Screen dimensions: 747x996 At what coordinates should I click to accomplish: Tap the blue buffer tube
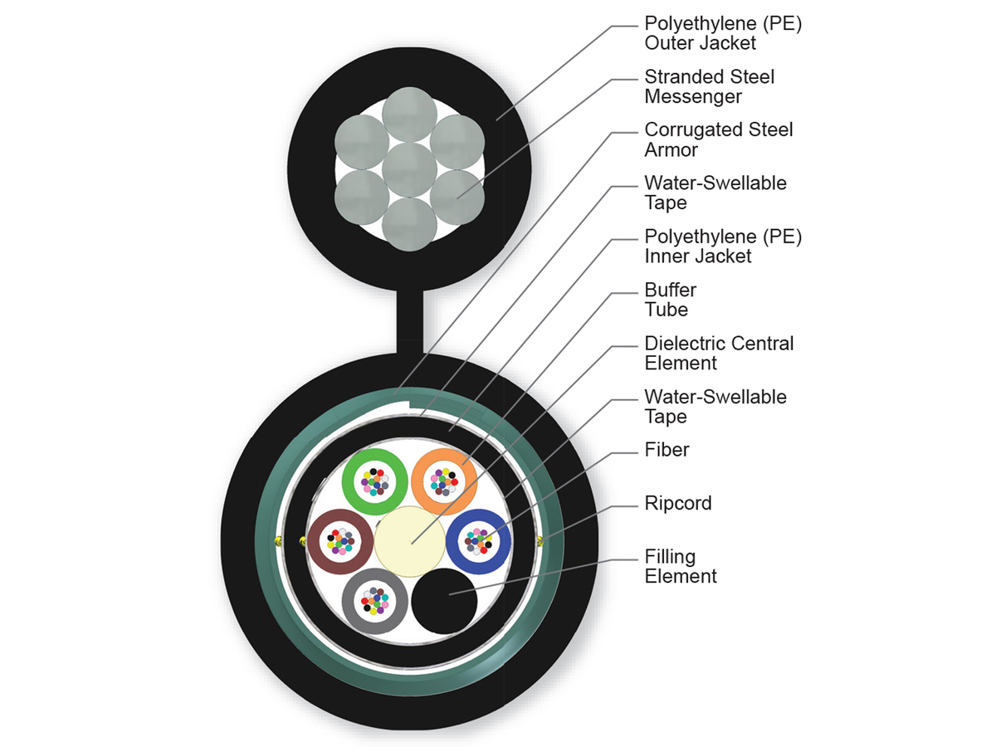[498, 540]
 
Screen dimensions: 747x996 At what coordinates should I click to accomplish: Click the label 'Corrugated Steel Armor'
[719, 139]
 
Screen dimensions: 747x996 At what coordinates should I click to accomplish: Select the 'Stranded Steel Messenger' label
[710, 86]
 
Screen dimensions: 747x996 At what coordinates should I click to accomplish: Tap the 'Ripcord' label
[678, 504]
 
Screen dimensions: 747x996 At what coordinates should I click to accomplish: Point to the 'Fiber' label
[667, 451]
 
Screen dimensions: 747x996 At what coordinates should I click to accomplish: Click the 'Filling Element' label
[681, 566]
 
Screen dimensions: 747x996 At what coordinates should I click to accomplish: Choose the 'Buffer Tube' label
[671, 300]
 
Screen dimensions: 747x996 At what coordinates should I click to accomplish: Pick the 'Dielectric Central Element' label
[719, 353]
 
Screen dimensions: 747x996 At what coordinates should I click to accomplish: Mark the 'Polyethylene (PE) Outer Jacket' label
[723, 33]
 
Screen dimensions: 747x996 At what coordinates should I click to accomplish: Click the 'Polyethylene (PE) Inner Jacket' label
[723, 247]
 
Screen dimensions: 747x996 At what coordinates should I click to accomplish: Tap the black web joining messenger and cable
[411, 320]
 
